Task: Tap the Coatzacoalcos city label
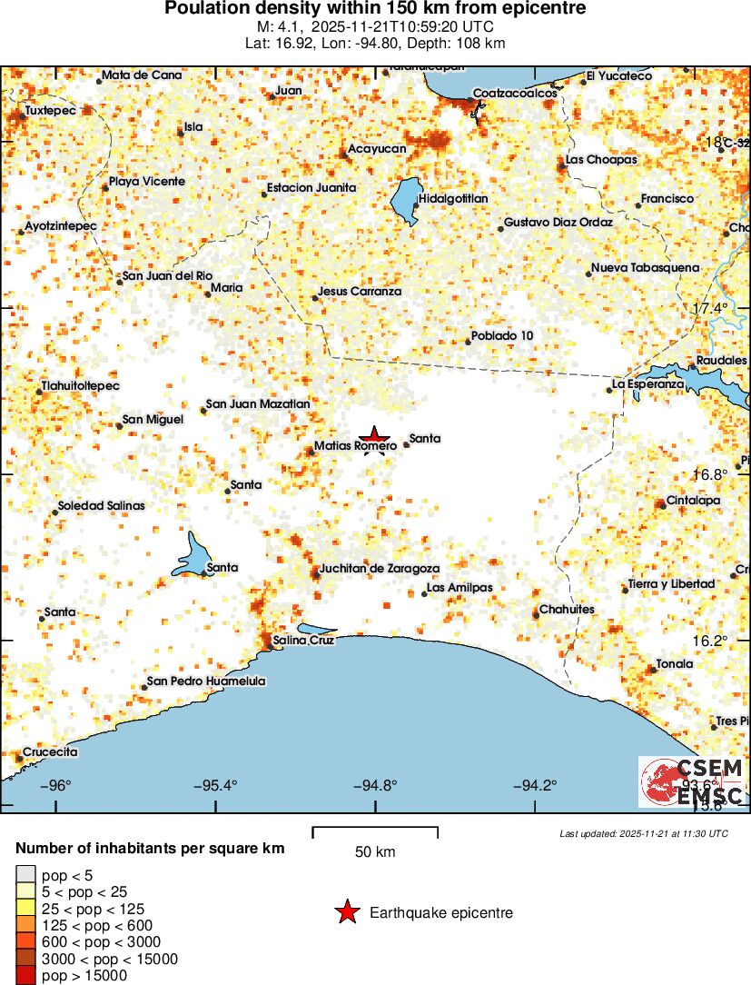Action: click(x=515, y=94)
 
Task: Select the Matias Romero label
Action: click(x=354, y=446)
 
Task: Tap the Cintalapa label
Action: click(x=693, y=500)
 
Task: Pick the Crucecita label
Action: click(x=50, y=752)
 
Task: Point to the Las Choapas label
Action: click(x=601, y=160)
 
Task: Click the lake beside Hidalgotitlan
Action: click(x=403, y=201)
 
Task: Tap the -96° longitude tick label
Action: click(x=57, y=786)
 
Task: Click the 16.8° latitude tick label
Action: click(x=710, y=474)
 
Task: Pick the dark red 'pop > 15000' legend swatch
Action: click(x=25, y=976)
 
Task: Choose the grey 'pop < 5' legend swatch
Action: click(x=25, y=875)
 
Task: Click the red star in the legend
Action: click(x=347, y=912)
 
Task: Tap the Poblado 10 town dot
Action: click(x=469, y=342)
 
